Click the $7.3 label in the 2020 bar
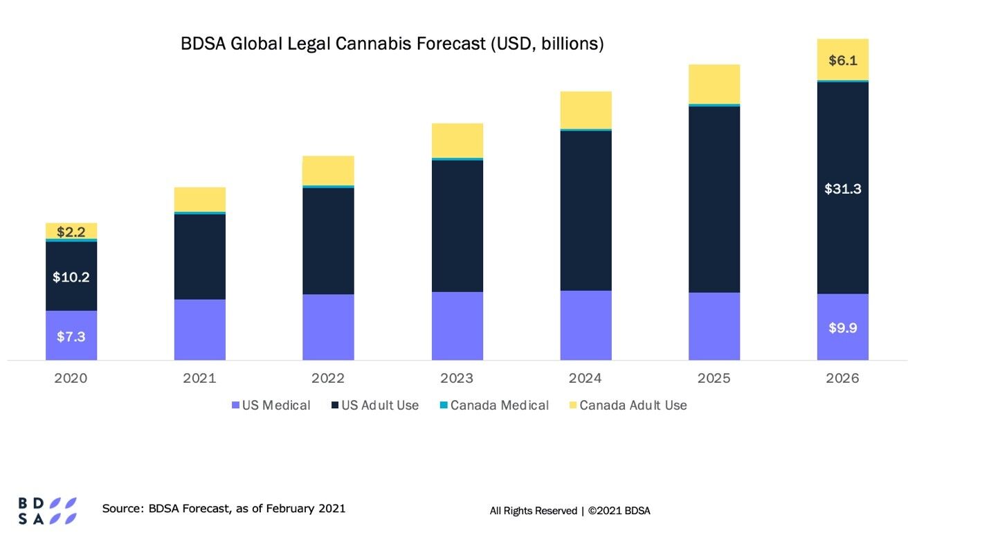pyautogui.click(x=71, y=336)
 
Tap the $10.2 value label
pyautogui.click(x=71, y=277)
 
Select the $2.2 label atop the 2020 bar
pyautogui.click(x=71, y=232)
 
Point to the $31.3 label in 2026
pyautogui.click(x=842, y=188)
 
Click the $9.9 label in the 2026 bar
pyautogui.click(x=842, y=328)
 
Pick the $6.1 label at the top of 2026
pyautogui.click(x=842, y=60)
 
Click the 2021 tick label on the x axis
pyautogui.click(x=199, y=379)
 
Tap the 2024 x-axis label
pyautogui.click(x=586, y=379)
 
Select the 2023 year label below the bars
pyautogui.click(x=457, y=379)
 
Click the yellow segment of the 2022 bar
pyautogui.click(x=328, y=170)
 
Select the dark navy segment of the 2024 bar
pyautogui.click(x=586, y=210)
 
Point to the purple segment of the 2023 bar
pyautogui.click(x=457, y=326)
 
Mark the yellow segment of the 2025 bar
pyautogui.click(x=714, y=84)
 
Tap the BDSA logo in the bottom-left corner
pyautogui.click(x=47, y=510)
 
